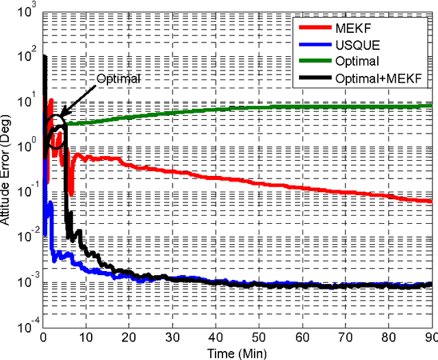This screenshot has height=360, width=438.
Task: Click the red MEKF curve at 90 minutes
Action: coord(431,201)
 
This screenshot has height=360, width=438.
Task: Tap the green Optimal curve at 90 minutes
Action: coord(431,105)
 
